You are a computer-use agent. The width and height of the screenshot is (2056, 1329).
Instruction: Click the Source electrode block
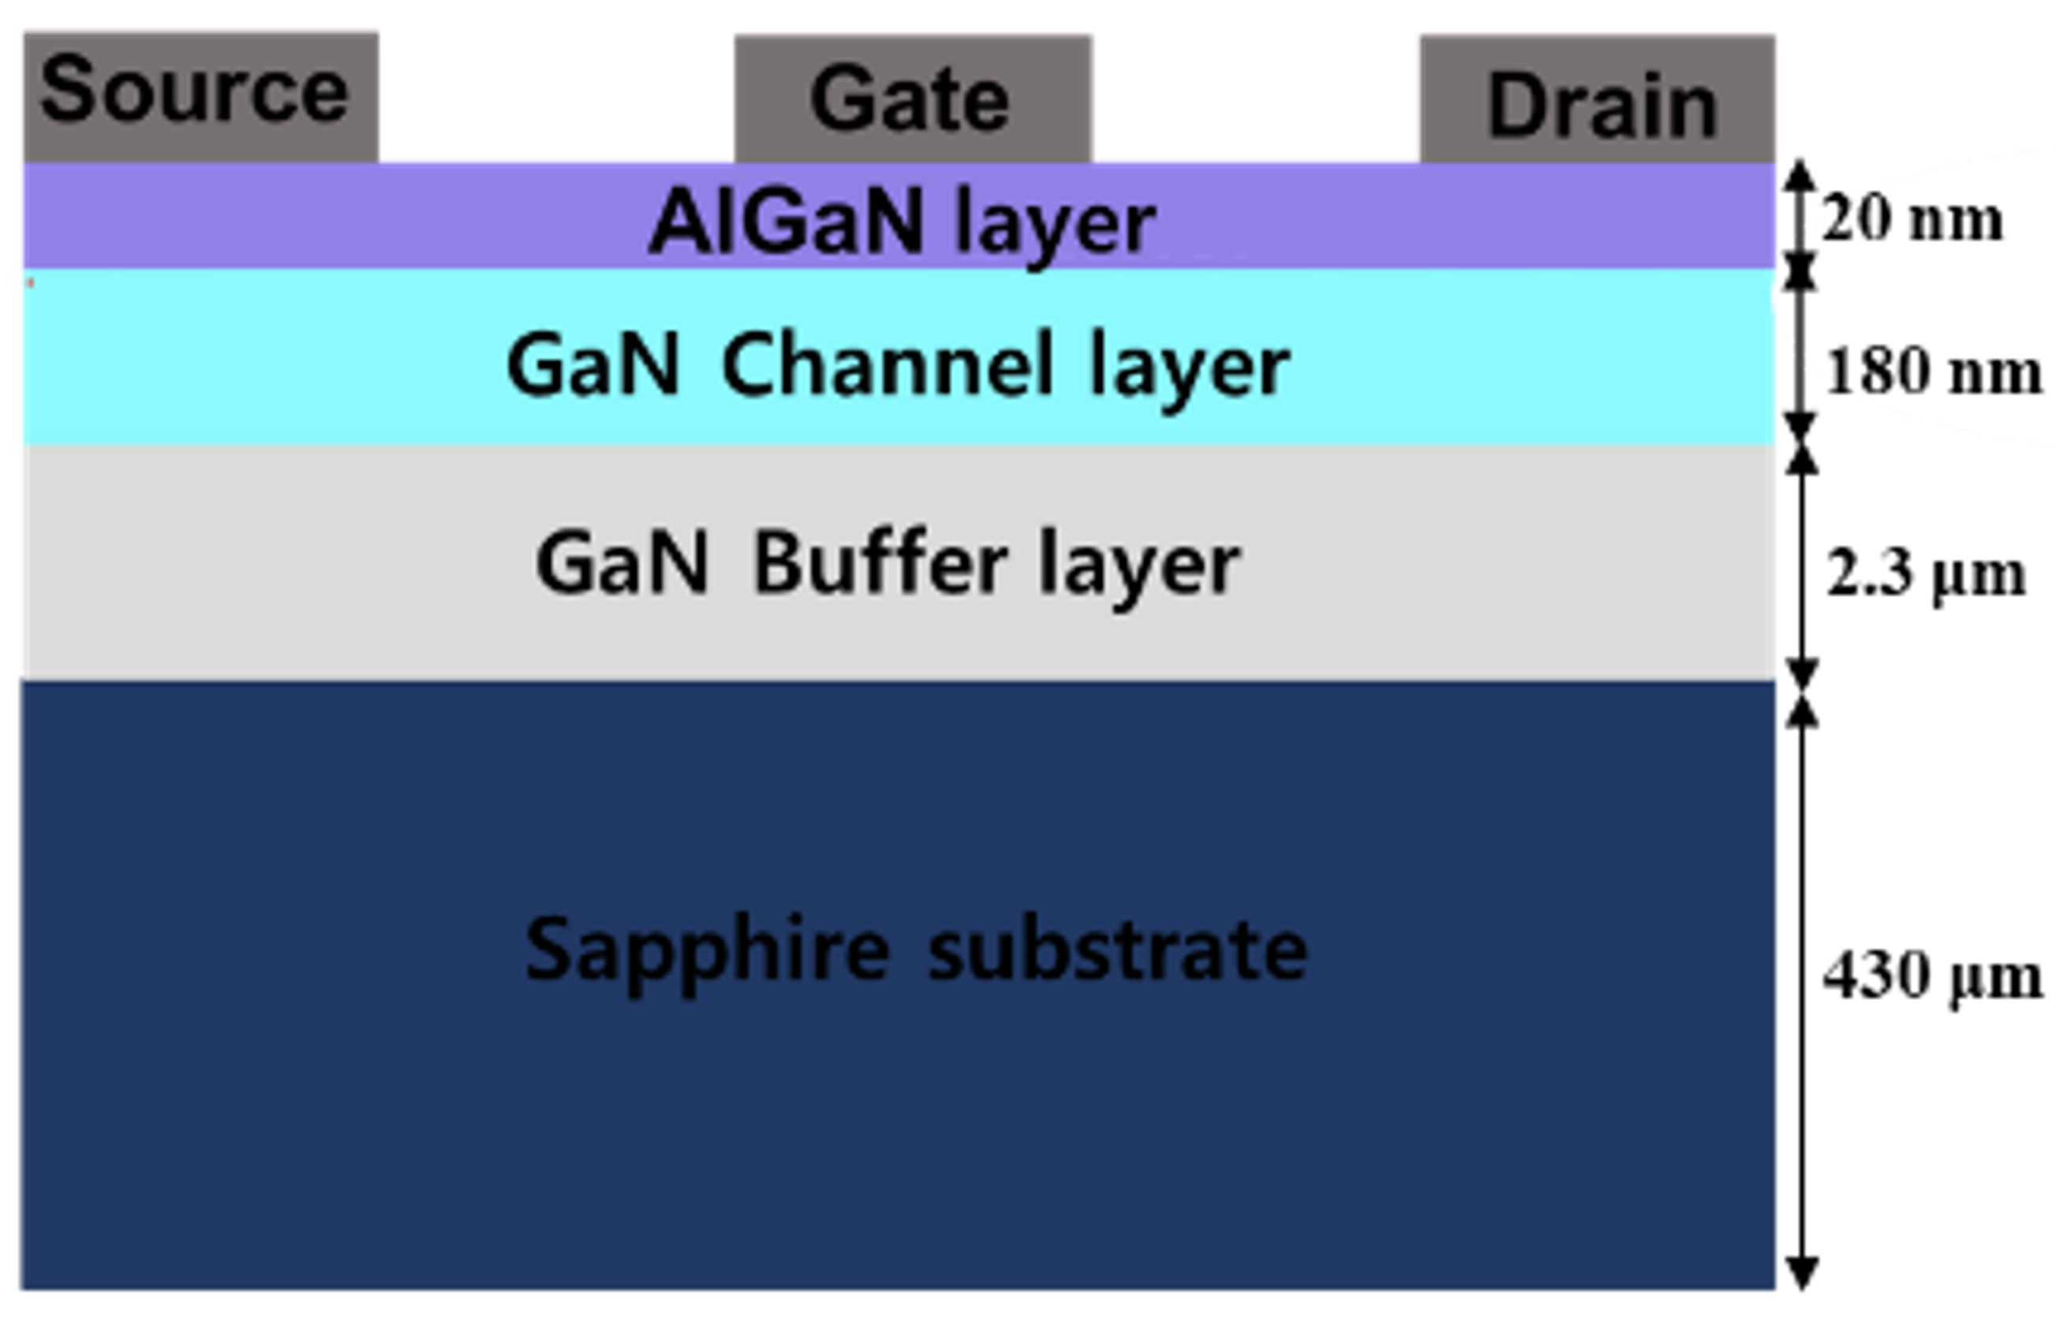[x=200, y=97]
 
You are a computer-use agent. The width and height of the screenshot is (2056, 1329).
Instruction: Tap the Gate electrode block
[x=912, y=99]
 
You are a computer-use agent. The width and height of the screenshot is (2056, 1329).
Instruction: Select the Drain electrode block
[x=1597, y=99]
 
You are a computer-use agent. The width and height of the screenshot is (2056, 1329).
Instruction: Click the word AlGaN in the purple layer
[x=787, y=222]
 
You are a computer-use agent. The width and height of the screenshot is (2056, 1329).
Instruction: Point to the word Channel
[x=888, y=365]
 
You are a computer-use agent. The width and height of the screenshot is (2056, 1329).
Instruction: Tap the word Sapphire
[x=707, y=951]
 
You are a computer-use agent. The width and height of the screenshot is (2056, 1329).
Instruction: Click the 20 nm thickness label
[x=1911, y=219]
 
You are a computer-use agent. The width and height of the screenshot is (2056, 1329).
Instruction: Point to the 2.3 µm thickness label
[x=1926, y=574]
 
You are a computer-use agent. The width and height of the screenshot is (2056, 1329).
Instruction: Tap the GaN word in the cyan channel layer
[x=593, y=365]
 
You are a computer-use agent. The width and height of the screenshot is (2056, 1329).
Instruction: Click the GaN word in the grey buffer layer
[x=622, y=562]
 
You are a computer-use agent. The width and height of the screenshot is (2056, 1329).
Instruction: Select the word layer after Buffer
[x=1139, y=569]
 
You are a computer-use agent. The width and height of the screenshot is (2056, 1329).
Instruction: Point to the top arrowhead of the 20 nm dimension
[x=1800, y=176]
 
